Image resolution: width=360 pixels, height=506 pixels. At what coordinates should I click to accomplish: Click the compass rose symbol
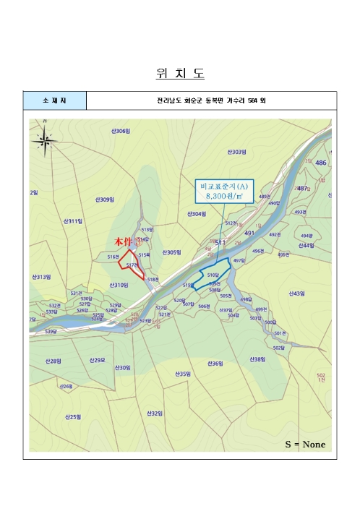pos(44,140)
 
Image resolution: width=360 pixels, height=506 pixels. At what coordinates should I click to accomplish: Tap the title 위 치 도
pos(180,74)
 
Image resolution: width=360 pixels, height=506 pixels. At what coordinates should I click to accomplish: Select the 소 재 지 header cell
pos(54,101)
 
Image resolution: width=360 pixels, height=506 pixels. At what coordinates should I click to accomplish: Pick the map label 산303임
pos(237,152)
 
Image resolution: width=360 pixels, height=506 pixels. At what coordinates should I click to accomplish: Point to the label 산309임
pos(106,200)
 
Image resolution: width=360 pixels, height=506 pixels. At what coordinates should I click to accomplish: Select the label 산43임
pos(297,293)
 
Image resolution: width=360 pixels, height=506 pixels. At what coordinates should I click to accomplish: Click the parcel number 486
pos(321,163)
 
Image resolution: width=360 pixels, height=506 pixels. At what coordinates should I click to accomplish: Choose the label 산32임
pos(154,413)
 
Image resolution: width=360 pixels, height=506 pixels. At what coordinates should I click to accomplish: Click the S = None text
pos(305,443)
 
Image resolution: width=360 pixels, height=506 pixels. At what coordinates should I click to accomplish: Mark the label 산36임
pos(215,364)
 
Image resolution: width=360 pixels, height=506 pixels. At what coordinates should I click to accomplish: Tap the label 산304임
pos(197,214)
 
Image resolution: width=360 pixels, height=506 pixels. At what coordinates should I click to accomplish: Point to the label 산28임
pos(53,361)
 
